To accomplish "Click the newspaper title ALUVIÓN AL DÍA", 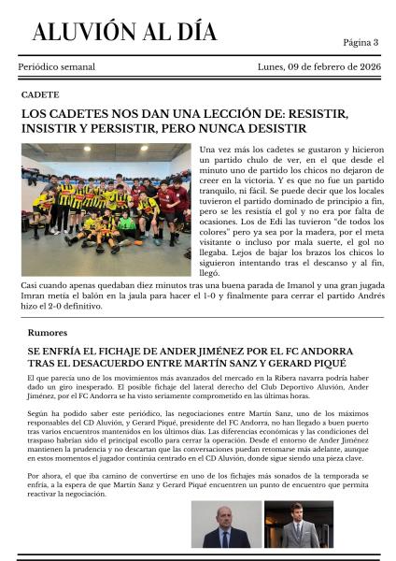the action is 124,32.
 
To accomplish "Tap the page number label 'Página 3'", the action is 361,42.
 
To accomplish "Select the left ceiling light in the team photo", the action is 47,150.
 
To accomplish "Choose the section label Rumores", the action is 47,332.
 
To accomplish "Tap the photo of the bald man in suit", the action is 226,524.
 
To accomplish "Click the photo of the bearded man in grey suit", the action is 298,524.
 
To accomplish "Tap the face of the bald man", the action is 227,516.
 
